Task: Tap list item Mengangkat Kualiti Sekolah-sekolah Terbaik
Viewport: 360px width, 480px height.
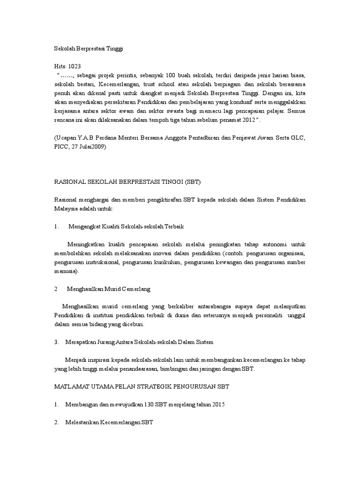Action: (126, 226)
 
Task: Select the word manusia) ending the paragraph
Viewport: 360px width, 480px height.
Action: (67, 271)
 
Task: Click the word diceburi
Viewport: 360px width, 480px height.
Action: (132, 324)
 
